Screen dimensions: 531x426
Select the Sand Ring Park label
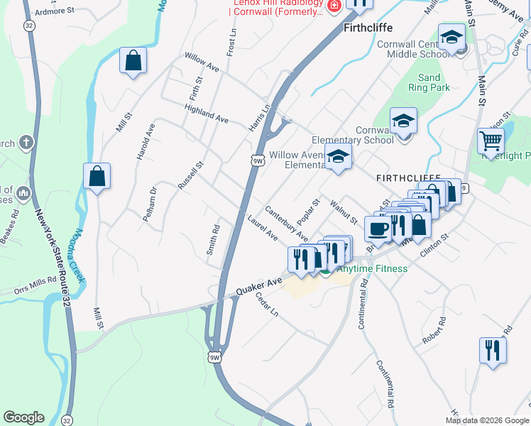429,82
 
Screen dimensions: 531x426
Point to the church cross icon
27,143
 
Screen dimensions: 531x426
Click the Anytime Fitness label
372,268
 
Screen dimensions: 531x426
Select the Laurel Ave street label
262,227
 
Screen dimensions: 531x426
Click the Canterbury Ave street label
286,222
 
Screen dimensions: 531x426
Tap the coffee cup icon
378,228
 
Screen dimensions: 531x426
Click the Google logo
23,417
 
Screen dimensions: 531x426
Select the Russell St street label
191,175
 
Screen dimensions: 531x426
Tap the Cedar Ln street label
267,306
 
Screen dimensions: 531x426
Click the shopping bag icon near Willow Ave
133,60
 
